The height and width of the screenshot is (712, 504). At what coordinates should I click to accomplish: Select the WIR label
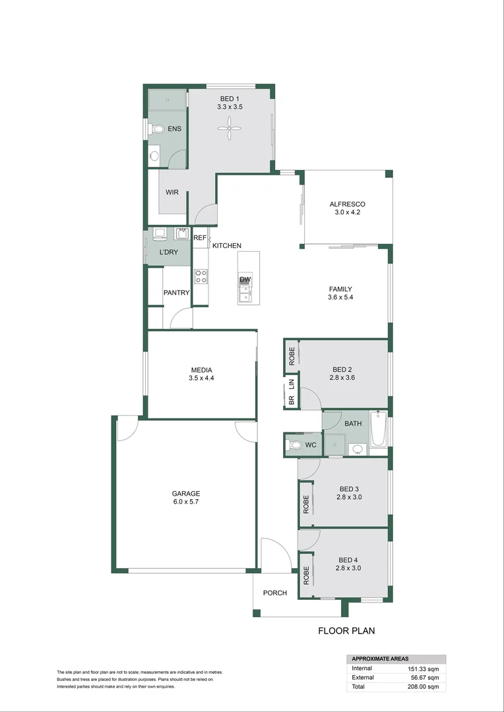tap(172, 193)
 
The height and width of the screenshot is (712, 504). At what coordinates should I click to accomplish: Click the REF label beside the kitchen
tap(200, 238)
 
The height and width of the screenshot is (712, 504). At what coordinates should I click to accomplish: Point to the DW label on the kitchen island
tap(245, 280)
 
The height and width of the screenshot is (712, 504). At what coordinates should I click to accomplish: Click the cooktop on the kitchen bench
tap(201, 276)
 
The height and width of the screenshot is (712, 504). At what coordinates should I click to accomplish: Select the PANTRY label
tap(177, 293)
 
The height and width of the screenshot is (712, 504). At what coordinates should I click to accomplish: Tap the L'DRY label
tap(169, 252)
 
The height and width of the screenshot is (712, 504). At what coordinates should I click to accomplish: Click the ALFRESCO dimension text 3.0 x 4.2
tap(347, 212)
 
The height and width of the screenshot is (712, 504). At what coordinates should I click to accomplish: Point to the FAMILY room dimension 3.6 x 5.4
tap(341, 297)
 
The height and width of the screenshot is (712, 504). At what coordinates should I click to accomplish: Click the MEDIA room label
tap(201, 370)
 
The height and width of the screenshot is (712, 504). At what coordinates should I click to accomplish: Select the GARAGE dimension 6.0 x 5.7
tap(185, 502)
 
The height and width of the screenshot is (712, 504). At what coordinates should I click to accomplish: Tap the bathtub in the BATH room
tap(379, 429)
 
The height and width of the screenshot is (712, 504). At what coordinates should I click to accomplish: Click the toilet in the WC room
tap(294, 446)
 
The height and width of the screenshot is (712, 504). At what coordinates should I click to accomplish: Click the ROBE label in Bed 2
tap(292, 356)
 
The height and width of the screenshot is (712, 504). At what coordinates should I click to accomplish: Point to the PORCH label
tap(275, 593)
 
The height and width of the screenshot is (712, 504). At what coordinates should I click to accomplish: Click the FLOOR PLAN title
tap(346, 631)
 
